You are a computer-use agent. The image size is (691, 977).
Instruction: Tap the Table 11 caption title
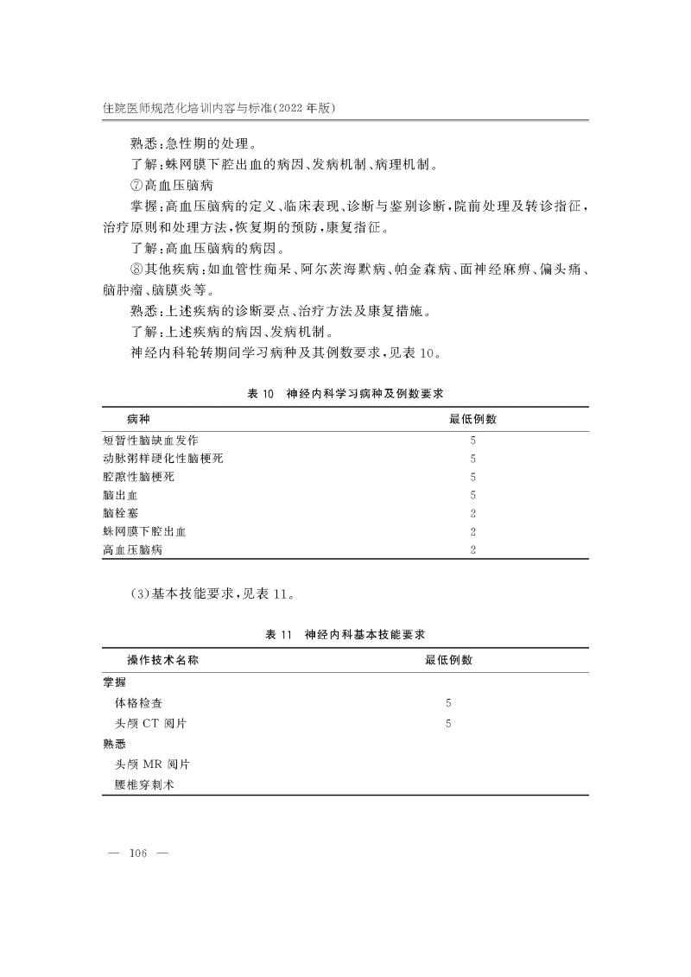point(345,634)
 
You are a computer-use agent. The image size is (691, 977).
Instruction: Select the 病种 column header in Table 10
point(139,419)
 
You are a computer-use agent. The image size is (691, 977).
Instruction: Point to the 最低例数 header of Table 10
point(472,419)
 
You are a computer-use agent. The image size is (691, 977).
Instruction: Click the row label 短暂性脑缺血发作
point(151,440)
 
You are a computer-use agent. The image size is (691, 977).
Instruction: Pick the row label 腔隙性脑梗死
point(139,477)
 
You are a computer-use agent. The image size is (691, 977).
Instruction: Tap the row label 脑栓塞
point(121,513)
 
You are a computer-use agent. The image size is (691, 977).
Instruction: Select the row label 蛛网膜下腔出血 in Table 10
point(145,531)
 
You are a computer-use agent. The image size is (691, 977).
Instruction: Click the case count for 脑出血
point(472,495)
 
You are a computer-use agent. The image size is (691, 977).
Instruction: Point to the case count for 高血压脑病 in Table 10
point(472,549)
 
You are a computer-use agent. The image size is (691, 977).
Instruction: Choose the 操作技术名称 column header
point(168,660)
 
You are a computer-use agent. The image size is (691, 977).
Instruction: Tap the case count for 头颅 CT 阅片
point(448,724)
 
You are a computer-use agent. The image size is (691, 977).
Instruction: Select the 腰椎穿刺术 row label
point(144,785)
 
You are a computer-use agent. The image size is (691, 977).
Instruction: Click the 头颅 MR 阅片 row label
point(153,764)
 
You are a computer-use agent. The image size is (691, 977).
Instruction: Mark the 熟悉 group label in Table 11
point(115,745)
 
